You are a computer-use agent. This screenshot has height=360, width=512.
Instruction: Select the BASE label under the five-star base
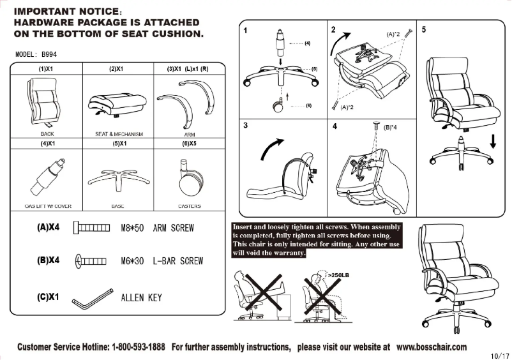pos(117,206)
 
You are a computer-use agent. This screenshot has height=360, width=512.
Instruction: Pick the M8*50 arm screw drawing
pos(92,228)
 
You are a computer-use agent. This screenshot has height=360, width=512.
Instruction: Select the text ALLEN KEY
pos(141,297)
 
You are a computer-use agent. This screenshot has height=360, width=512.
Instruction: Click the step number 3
pos(246,126)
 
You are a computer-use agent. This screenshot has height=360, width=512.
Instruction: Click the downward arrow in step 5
pos(492,140)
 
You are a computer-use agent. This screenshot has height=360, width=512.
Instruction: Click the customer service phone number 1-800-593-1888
pos(139,347)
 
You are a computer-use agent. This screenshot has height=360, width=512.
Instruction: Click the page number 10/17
pos(499,355)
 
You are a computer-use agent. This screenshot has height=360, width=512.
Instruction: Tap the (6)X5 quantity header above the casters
pos(189,144)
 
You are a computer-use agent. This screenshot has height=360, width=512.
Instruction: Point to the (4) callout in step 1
pos(307,43)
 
